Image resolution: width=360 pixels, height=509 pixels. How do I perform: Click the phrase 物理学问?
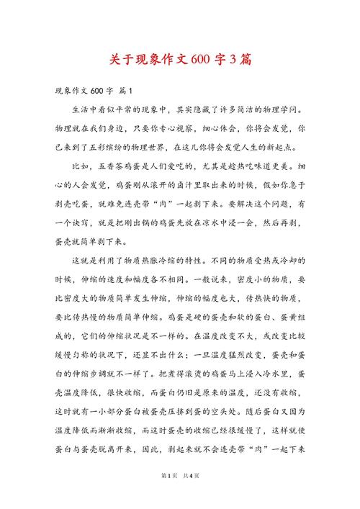(x=277, y=110)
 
